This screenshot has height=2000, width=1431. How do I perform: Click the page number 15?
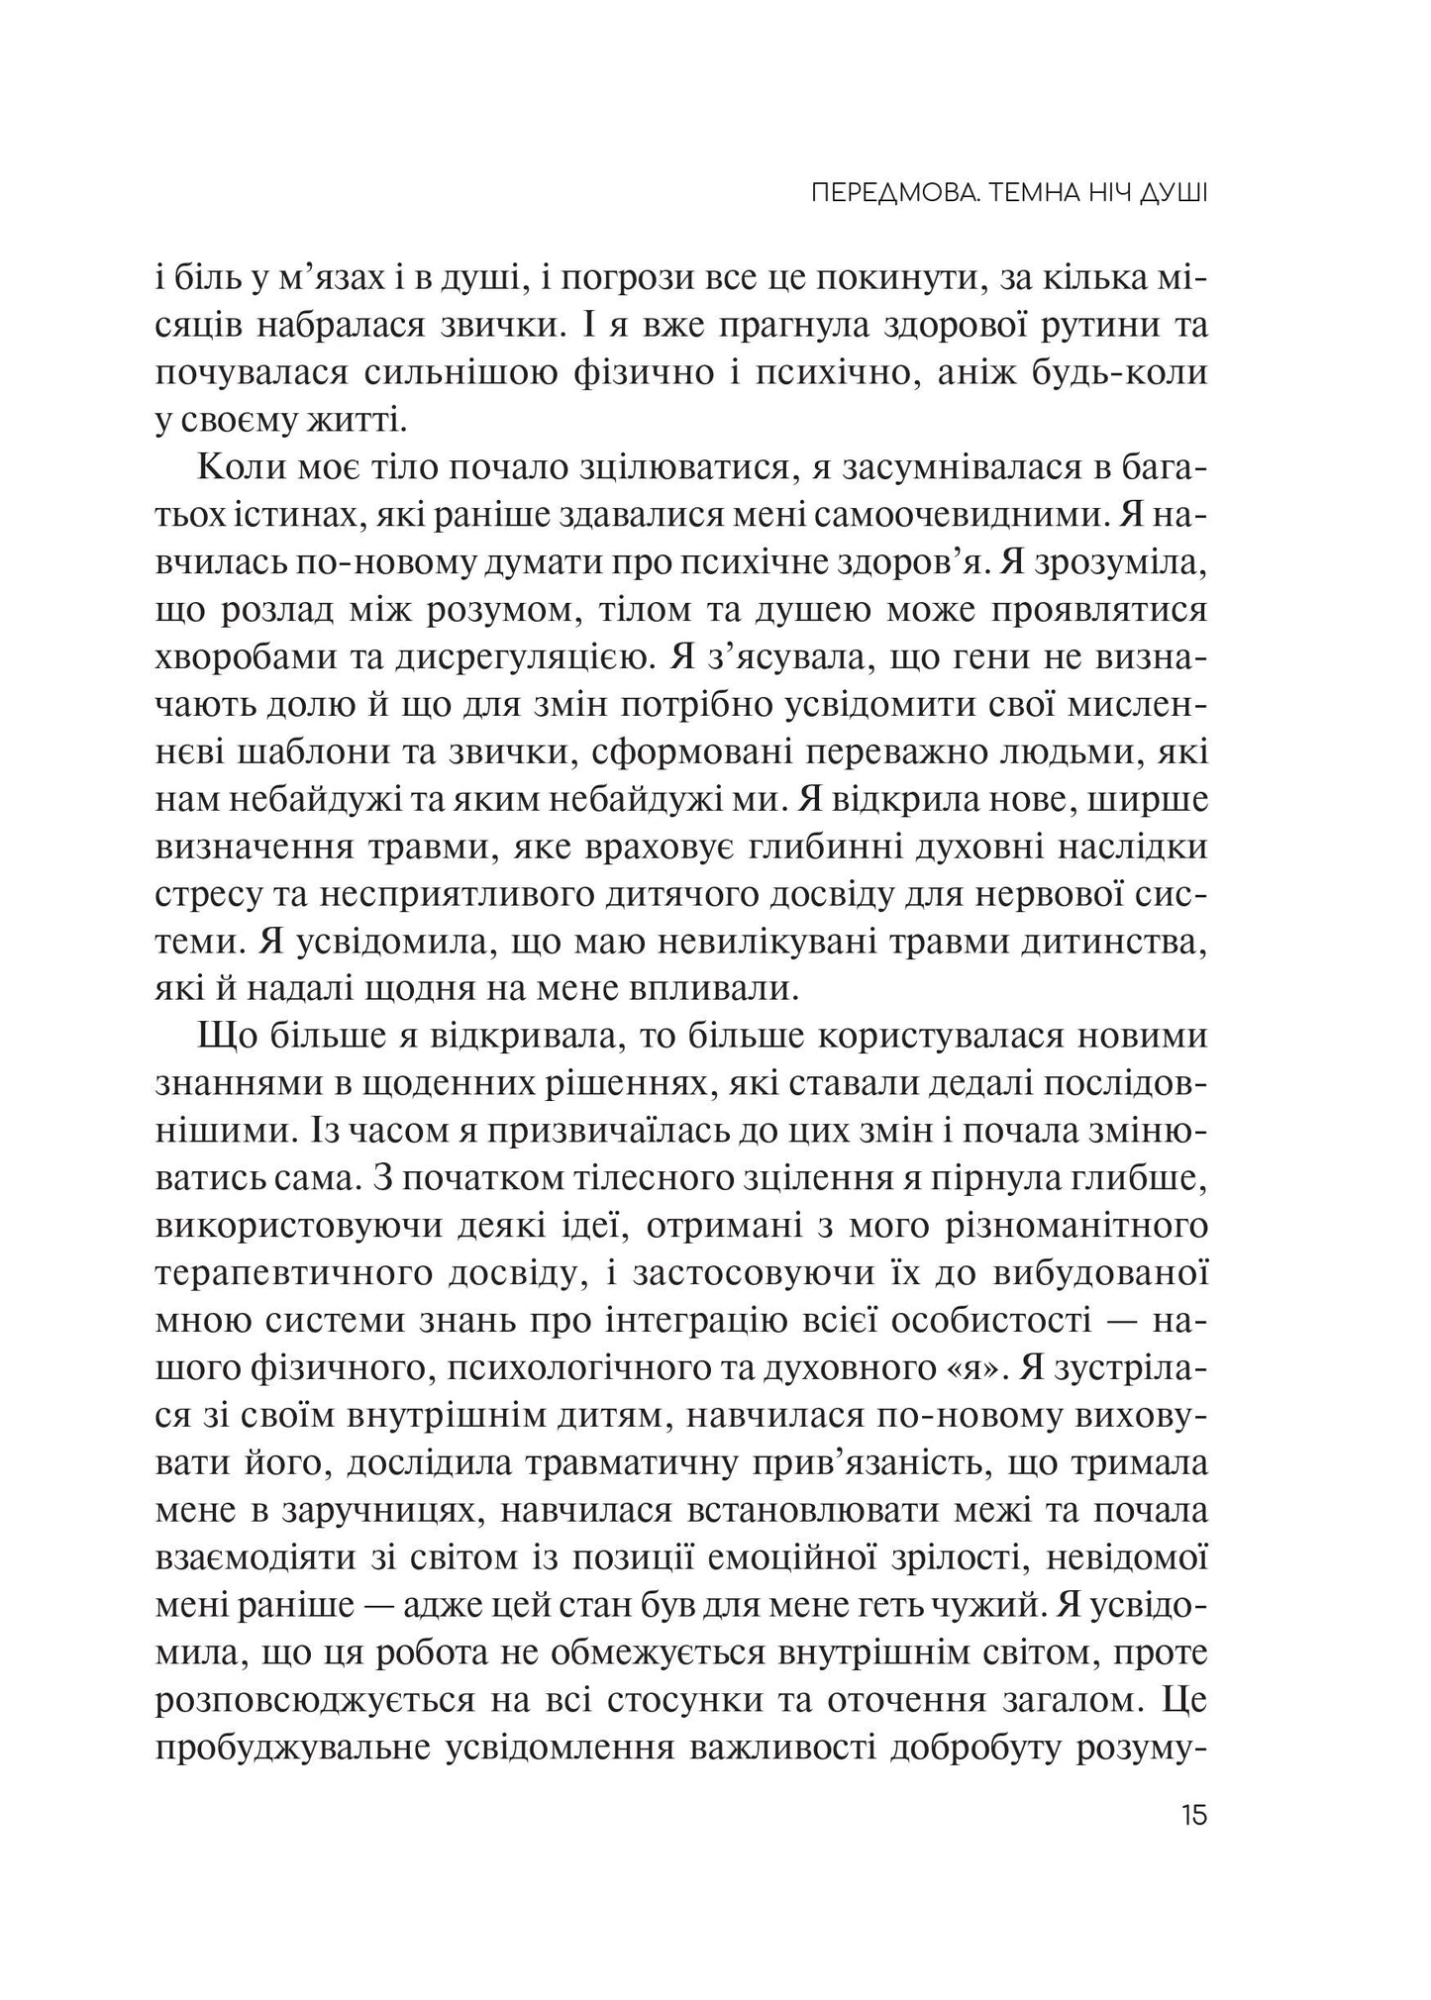point(1193,1844)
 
